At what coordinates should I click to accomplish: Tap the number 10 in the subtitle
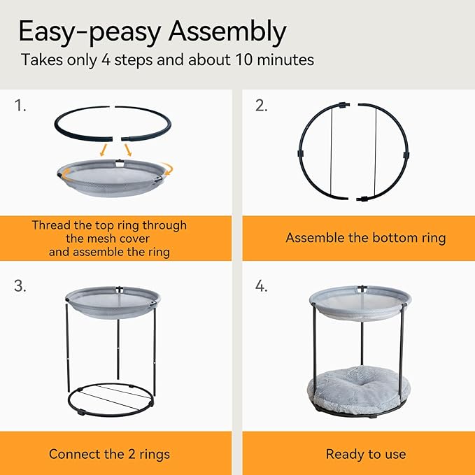244,59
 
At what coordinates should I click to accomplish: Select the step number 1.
20,106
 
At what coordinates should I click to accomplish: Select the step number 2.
262,106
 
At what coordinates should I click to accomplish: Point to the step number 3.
20,285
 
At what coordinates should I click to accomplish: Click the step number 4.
262,285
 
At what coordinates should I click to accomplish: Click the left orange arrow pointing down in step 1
104,150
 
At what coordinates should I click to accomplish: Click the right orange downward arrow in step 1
128,150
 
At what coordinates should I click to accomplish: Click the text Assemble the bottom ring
366,238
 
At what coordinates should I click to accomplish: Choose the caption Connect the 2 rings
109,454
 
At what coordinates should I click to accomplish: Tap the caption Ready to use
366,454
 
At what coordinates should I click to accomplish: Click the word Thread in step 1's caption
51,225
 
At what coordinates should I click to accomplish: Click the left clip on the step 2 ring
301,153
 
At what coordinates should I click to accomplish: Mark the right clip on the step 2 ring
406,155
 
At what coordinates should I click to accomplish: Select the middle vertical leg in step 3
118,348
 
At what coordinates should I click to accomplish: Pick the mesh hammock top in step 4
360,303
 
